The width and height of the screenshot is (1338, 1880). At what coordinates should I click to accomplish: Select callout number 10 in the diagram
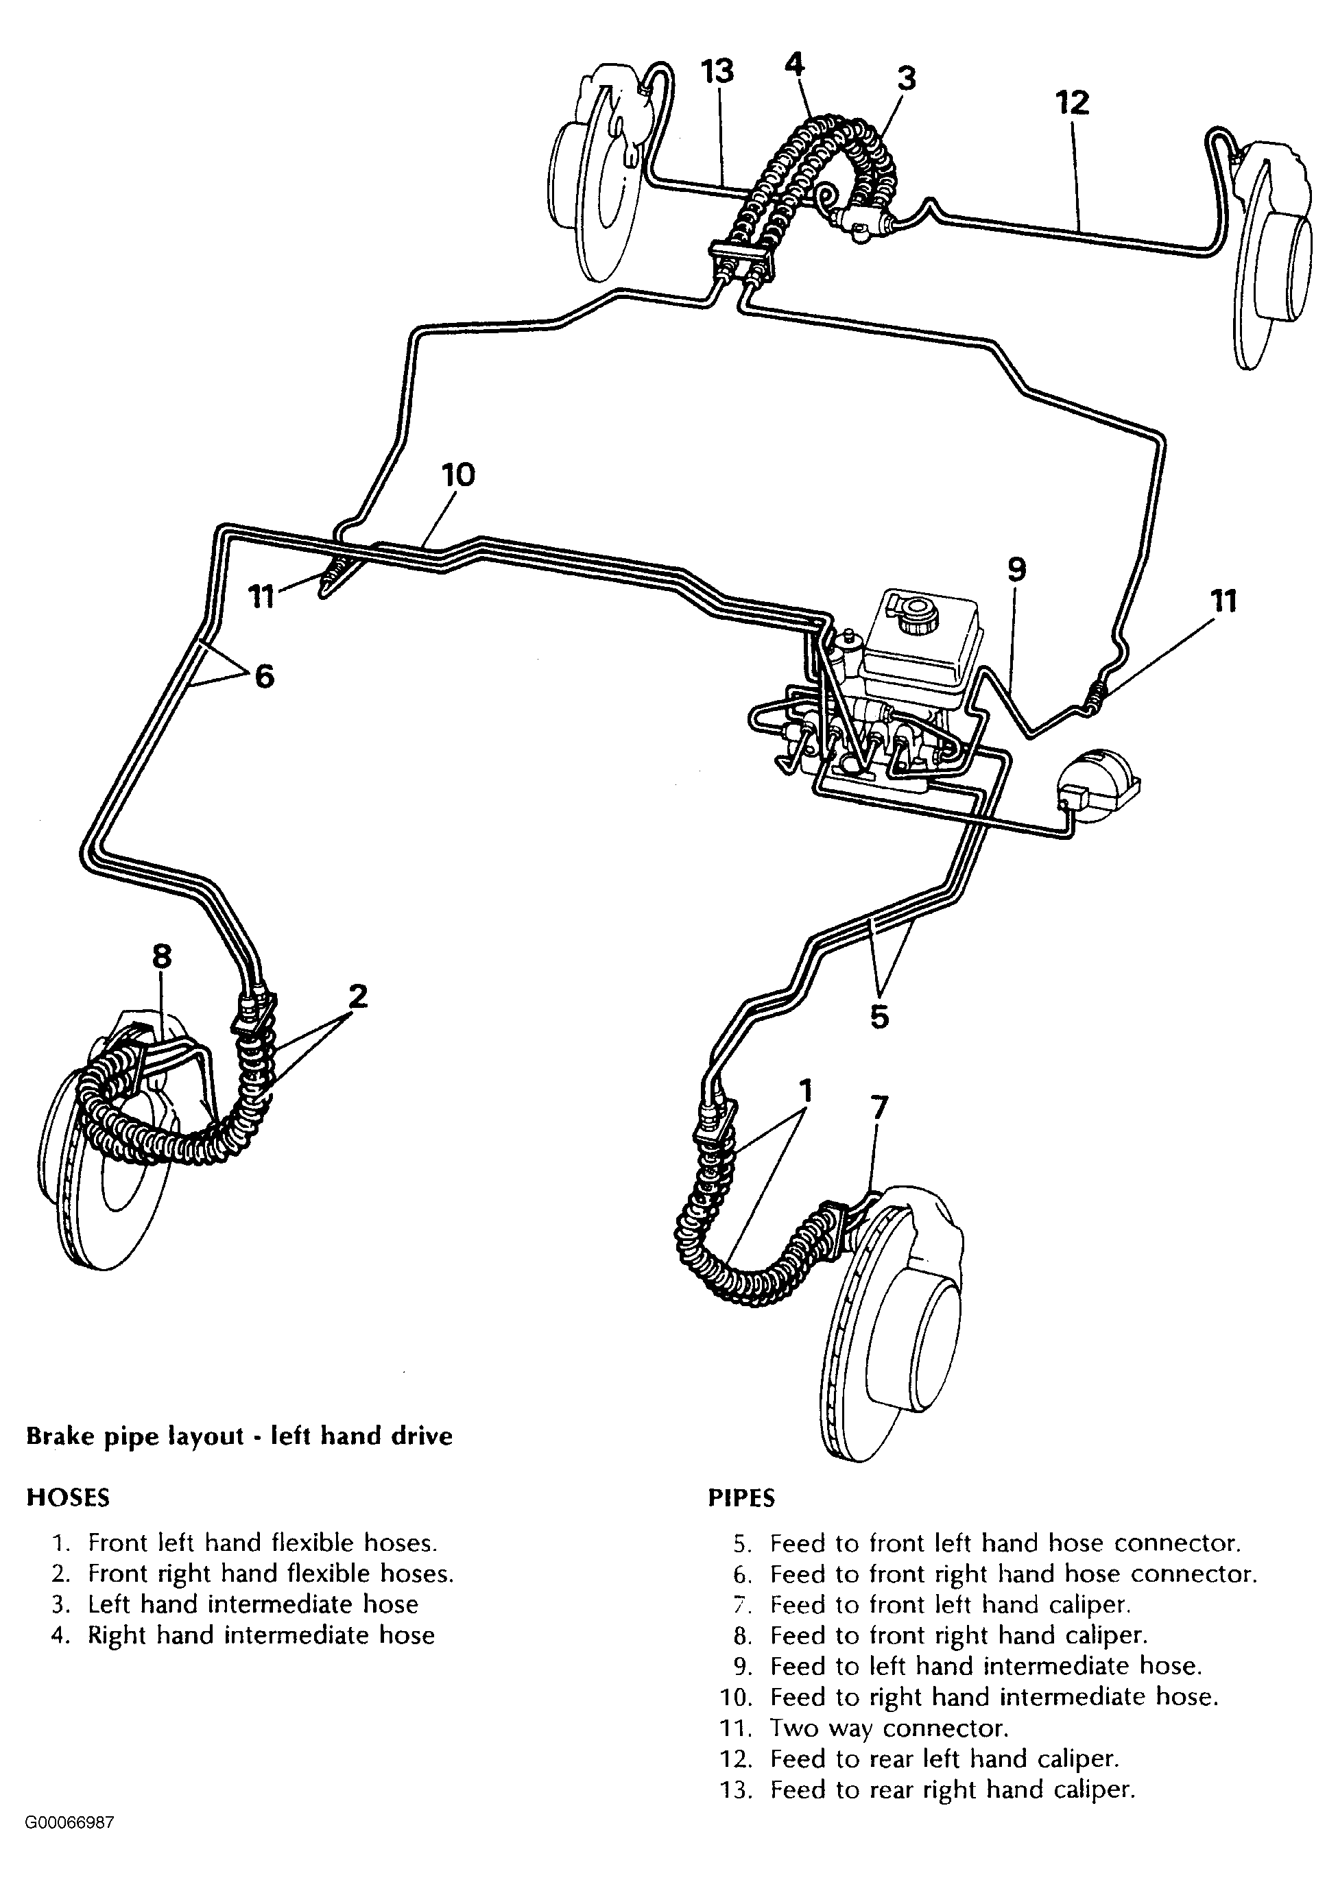458,475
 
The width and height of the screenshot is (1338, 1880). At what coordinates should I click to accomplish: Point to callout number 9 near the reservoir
1016,569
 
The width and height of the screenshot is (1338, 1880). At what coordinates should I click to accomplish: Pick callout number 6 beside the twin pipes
263,676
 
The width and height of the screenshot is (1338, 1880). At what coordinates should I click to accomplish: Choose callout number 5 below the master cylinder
880,1017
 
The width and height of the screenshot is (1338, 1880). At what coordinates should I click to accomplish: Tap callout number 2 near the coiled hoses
357,996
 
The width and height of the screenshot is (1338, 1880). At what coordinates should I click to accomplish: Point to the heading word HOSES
69,1497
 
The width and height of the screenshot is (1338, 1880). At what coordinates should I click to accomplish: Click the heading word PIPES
741,1498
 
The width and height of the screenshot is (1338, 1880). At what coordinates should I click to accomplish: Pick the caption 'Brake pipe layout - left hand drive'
240,1436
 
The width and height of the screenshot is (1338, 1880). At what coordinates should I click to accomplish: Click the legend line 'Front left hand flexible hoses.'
263,1543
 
